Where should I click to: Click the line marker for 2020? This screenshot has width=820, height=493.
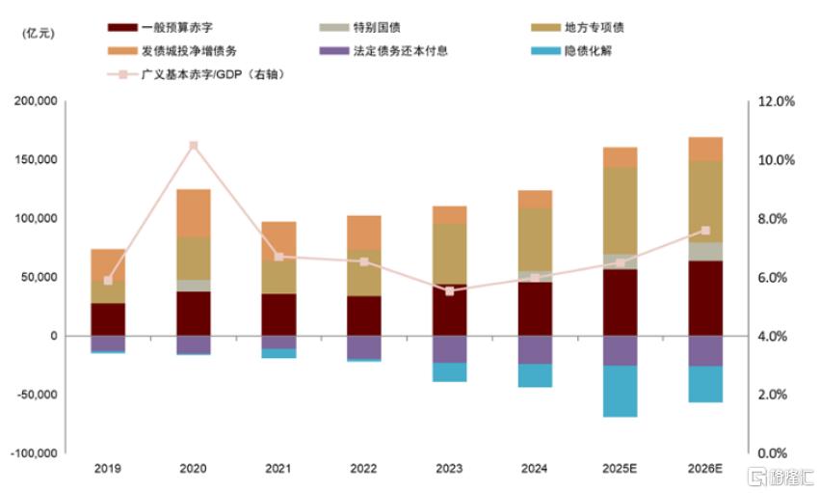click(x=194, y=146)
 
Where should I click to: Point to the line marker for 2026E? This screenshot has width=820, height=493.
click(x=705, y=231)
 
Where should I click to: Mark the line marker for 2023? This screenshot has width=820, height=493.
click(x=449, y=290)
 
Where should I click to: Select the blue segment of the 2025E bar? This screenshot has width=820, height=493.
click(x=621, y=392)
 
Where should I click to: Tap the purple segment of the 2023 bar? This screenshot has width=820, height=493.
click(x=449, y=349)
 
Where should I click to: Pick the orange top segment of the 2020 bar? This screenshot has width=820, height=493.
click(x=194, y=212)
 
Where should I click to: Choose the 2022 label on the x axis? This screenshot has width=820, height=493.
click(x=364, y=470)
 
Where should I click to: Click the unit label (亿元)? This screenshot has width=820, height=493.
click(x=39, y=33)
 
